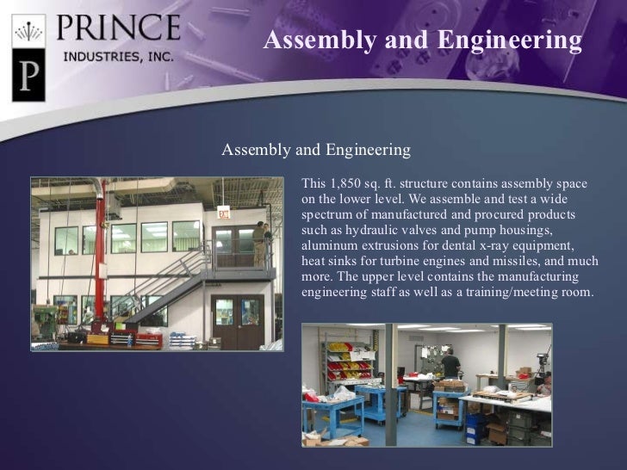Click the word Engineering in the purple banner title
[509, 40]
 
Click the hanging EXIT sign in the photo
[224, 213]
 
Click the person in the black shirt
[450, 366]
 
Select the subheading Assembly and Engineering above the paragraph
[316, 151]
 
